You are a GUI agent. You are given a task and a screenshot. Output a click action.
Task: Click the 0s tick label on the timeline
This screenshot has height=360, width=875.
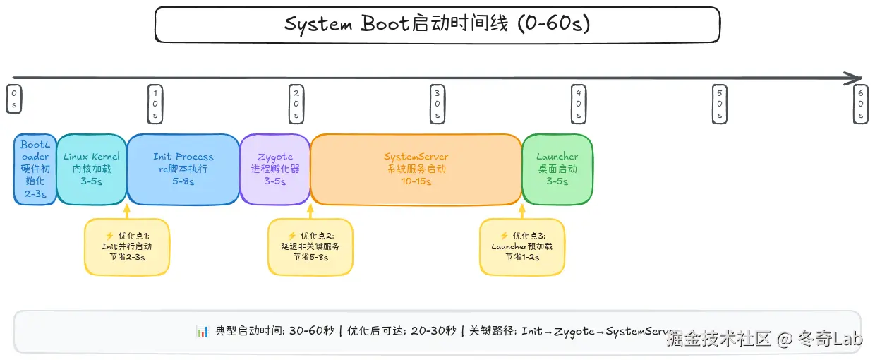click(x=13, y=99)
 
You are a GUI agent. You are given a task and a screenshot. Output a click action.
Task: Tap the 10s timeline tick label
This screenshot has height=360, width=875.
click(x=155, y=103)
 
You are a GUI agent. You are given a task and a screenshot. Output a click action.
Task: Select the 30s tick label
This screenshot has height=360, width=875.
click(x=437, y=103)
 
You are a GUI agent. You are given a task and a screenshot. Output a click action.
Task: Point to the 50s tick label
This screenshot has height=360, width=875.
click(x=720, y=103)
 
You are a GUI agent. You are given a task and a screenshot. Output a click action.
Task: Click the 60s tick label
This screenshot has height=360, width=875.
click(x=861, y=103)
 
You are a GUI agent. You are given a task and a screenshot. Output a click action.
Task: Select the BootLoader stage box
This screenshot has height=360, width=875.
click(x=35, y=169)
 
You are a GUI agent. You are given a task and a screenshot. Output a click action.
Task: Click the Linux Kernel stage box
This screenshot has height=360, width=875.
click(x=92, y=169)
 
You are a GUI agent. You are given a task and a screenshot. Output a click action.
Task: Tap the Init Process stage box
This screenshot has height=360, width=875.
click(x=183, y=169)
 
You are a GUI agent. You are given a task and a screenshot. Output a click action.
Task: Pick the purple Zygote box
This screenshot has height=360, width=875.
click(x=275, y=169)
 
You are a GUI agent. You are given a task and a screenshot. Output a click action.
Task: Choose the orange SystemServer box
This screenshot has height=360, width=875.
click(x=416, y=169)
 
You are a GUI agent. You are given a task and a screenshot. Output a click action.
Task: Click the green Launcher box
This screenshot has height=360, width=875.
click(x=557, y=169)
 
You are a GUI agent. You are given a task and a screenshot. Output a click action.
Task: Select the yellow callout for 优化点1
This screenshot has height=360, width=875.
click(x=127, y=246)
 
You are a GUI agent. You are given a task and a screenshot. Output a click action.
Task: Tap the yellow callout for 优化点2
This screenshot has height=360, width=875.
click(x=310, y=246)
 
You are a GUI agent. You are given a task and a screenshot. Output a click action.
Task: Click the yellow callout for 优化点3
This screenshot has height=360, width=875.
click(x=522, y=246)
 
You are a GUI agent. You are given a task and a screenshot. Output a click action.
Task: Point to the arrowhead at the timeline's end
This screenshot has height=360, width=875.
click(x=856, y=78)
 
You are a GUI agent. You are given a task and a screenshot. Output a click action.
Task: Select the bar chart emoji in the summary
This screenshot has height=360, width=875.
click(x=202, y=331)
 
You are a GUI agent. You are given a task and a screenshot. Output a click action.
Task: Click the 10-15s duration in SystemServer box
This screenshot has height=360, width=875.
click(x=416, y=181)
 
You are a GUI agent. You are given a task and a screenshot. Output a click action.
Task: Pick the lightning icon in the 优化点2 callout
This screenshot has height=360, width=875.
click(x=291, y=236)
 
